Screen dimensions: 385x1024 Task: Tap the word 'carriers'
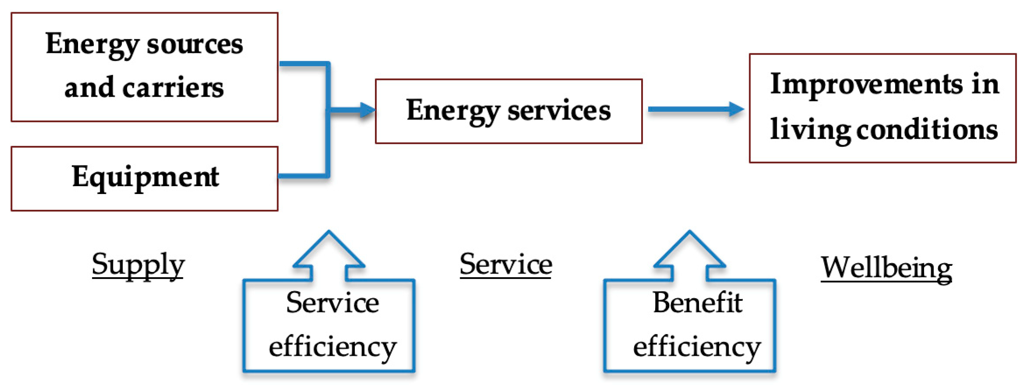click(x=173, y=88)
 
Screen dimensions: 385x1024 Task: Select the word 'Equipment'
click(x=145, y=177)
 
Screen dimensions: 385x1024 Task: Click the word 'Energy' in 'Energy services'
click(x=453, y=111)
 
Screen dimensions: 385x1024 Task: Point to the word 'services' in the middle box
click(x=559, y=111)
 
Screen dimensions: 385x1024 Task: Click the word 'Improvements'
click(x=866, y=84)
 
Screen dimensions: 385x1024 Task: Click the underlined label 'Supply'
click(x=138, y=265)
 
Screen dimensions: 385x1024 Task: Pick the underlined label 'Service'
click(x=506, y=265)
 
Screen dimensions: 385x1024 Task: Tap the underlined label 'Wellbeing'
click(x=886, y=268)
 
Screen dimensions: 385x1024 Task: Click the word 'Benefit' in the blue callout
click(x=697, y=303)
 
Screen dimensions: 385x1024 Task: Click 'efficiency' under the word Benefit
click(x=697, y=347)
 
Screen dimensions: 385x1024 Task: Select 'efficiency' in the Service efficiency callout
click(x=332, y=347)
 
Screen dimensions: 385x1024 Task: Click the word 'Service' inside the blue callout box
click(x=332, y=303)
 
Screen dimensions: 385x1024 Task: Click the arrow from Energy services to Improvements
click(x=695, y=109)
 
